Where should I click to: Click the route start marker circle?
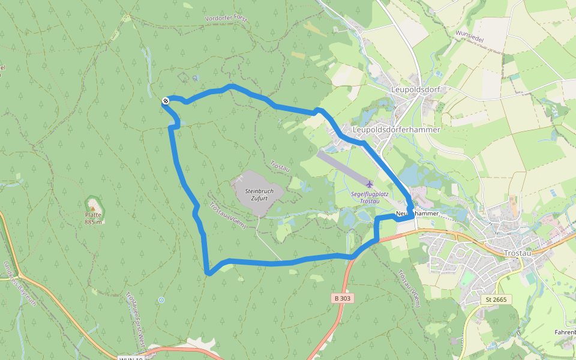coord(165,101)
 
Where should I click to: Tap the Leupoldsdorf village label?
coord(415,89)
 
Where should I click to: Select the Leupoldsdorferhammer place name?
coord(397,129)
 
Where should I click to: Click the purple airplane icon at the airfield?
coord(368,182)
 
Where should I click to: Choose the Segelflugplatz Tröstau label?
coord(369,197)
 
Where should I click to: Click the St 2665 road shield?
coord(496,299)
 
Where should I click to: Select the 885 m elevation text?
coord(93,221)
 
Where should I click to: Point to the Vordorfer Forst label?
coord(226,19)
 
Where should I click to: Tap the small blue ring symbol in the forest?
coord(161,299)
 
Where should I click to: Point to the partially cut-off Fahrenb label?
coord(565,331)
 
